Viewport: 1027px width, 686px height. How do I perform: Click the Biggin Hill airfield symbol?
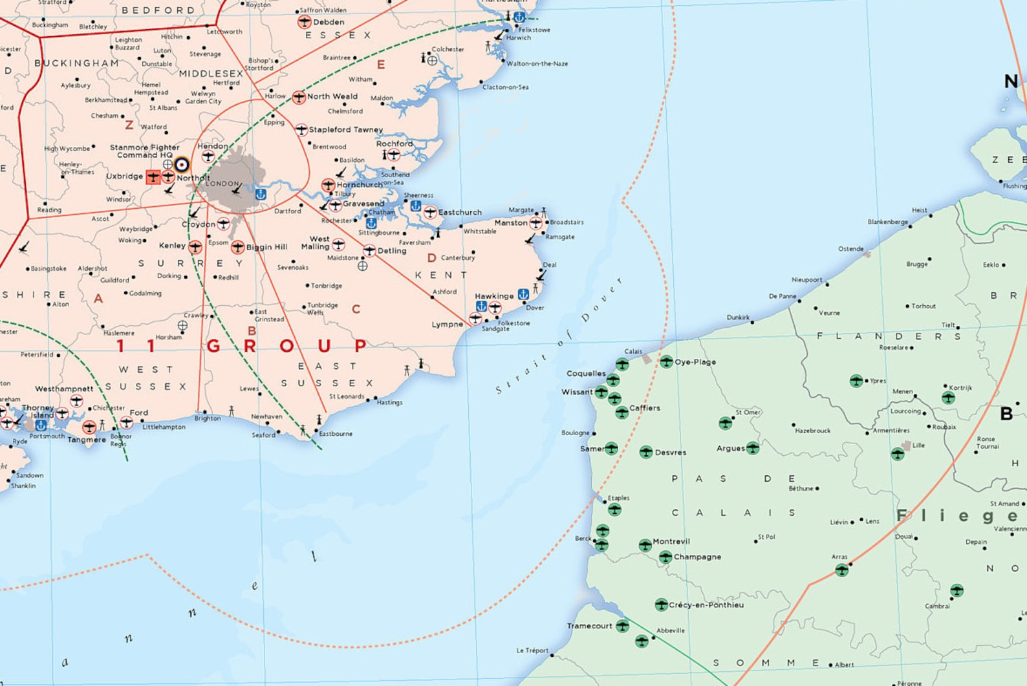(x=237, y=247)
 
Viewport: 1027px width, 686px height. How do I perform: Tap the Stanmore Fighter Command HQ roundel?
(x=182, y=164)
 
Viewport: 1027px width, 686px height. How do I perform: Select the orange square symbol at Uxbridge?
(x=153, y=177)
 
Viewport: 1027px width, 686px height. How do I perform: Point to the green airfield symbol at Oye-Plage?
(x=667, y=361)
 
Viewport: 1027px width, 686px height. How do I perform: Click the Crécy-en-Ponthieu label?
(x=706, y=605)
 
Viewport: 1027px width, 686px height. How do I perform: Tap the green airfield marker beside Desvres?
(x=645, y=452)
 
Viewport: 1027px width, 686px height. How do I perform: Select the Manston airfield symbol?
(x=535, y=223)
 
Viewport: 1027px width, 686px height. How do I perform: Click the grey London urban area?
(x=236, y=184)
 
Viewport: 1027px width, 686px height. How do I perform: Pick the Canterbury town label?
(x=458, y=258)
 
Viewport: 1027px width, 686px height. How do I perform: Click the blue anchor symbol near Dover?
(x=523, y=294)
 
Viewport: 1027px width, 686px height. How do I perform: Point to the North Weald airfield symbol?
(x=298, y=97)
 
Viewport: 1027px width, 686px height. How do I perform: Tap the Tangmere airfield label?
(x=87, y=440)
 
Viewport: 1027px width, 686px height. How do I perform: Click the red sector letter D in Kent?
(x=431, y=258)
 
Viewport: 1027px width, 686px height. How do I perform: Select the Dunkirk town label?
(x=738, y=317)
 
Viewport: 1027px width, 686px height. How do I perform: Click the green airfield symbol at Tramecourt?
(x=622, y=626)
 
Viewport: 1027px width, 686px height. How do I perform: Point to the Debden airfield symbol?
(x=305, y=22)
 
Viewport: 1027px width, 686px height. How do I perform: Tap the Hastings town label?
(x=389, y=402)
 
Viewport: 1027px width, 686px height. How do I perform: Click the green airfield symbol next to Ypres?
(x=856, y=381)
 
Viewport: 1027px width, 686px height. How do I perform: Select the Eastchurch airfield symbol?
(x=430, y=212)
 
